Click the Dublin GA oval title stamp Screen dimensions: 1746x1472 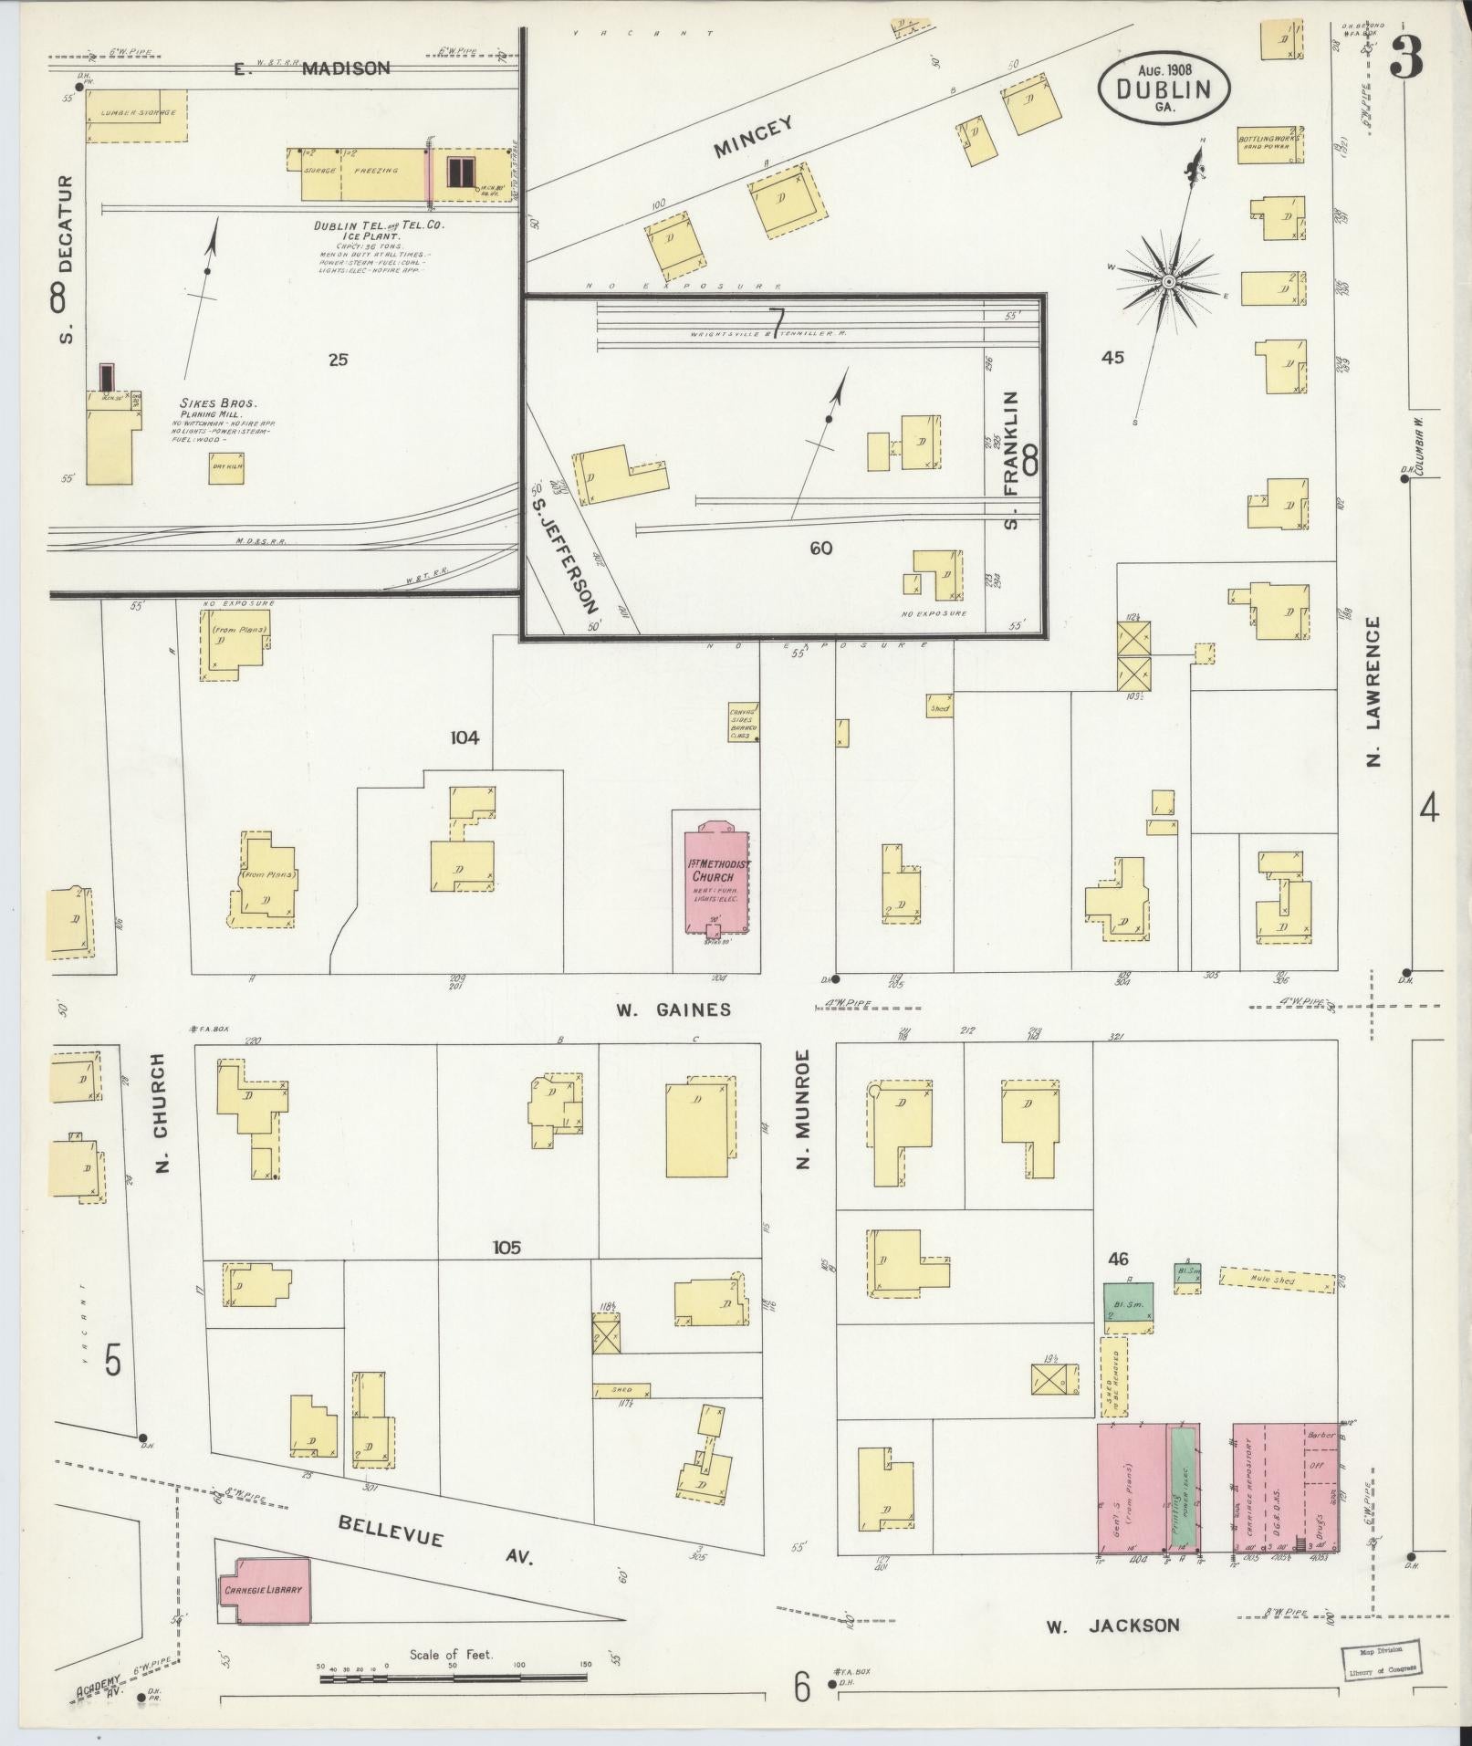[1164, 89]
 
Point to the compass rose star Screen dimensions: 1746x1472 [1167, 282]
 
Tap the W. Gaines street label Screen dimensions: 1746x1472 [673, 1009]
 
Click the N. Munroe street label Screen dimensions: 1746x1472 [802, 1108]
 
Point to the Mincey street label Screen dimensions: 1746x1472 [753, 137]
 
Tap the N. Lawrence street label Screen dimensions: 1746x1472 [1373, 690]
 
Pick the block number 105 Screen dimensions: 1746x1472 [506, 1247]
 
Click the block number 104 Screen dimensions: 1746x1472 [464, 737]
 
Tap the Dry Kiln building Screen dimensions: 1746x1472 [225, 468]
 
